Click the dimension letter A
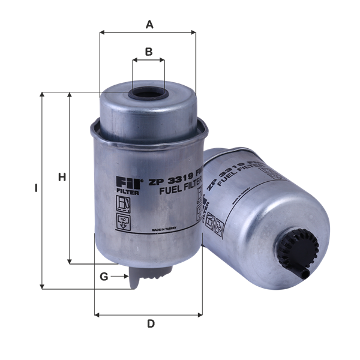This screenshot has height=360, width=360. [x=150, y=25]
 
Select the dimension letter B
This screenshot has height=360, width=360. [x=148, y=52]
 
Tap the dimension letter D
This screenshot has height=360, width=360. [x=151, y=324]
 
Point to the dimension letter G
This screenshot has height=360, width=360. [x=104, y=277]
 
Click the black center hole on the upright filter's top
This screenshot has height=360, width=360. [x=148, y=94]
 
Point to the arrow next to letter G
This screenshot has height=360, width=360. [x=121, y=277]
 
